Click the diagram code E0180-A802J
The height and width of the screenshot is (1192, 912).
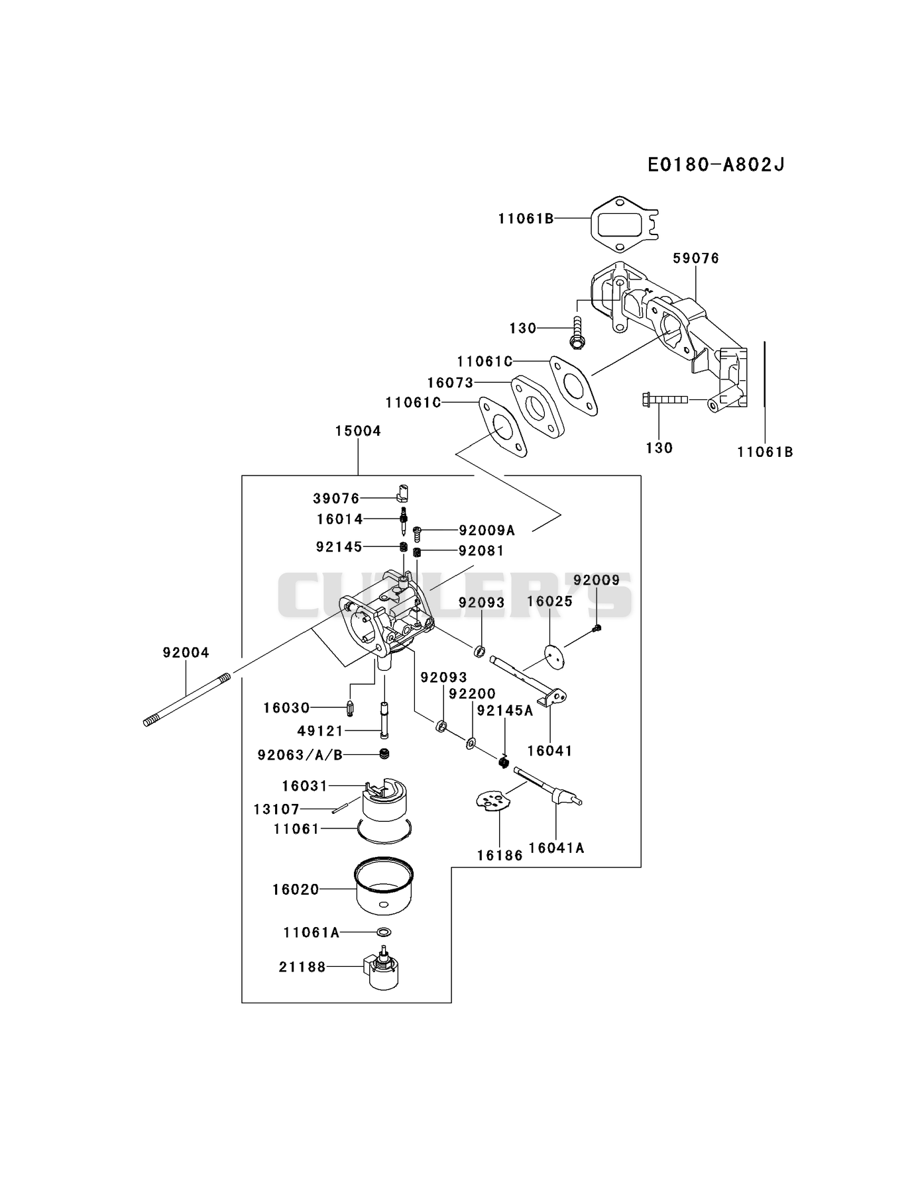pos(716,164)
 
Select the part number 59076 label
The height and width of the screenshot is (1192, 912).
pos(696,258)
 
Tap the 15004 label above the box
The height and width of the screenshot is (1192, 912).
pos(358,431)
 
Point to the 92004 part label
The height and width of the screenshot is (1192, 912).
pos(186,652)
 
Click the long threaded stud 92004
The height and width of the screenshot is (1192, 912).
pos(187,700)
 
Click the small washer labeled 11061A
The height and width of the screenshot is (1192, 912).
pos(383,932)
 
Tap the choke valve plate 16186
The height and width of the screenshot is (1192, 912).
pos(494,801)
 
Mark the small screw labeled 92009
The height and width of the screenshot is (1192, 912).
pos(597,627)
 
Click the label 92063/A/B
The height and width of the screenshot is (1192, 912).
pos(300,755)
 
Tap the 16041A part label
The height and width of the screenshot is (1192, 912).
pos(556,848)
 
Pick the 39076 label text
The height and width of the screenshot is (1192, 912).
pos(336,498)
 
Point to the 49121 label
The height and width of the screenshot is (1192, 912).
pos(321,731)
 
